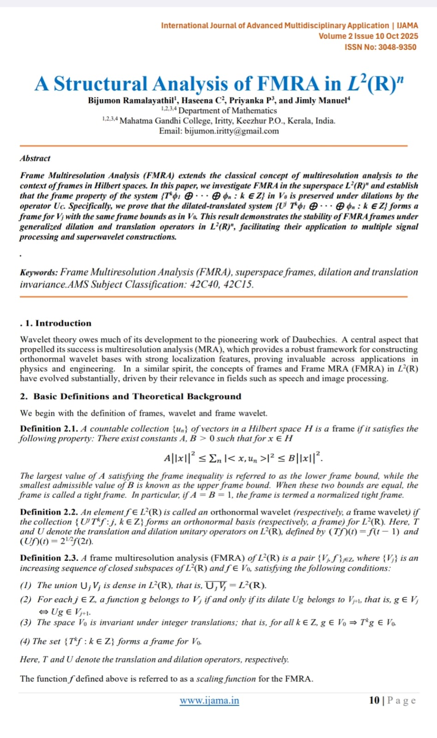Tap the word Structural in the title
click(101, 84)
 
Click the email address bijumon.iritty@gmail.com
click(232, 131)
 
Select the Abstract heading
click(35, 158)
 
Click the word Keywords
click(39, 273)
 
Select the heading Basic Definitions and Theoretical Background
click(131, 396)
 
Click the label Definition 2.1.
click(49, 429)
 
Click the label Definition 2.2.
click(49, 512)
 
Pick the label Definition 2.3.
click(49, 558)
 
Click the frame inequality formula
click(243, 458)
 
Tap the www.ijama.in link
click(210, 701)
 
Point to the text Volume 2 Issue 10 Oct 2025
click(368, 36)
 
